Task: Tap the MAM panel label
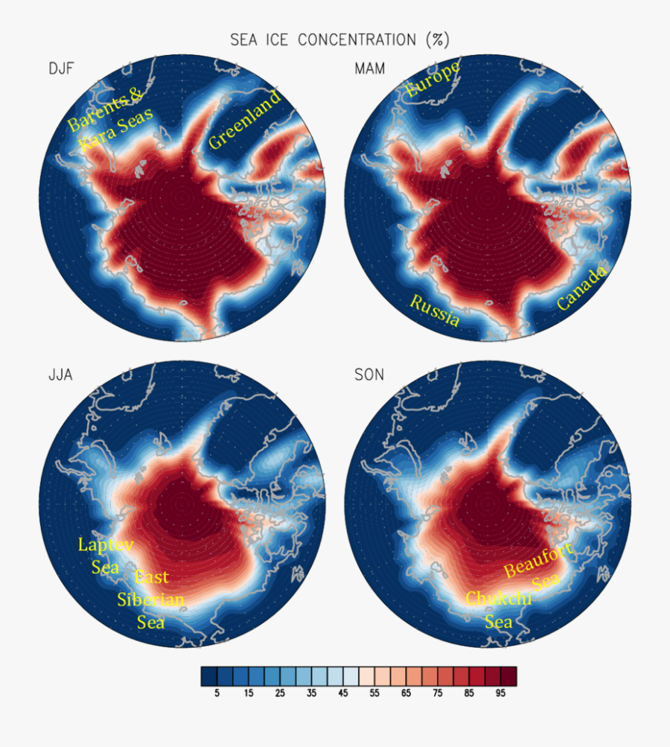tap(369, 69)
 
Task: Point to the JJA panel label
tap(60, 375)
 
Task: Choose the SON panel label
tap(369, 375)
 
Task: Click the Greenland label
tap(245, 120)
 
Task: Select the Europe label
tap(433, 80)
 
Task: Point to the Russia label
tap(434, 311)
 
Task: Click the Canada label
tap(583, 287)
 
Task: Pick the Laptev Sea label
tap(106, 556)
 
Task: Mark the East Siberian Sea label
tap(151, 600)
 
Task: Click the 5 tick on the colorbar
tap(217, 693)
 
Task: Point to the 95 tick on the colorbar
tap(500, 693)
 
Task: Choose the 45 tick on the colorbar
tap(342, 693)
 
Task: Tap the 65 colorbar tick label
tap(405, 693)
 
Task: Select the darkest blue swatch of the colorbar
tap(208, 676)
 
